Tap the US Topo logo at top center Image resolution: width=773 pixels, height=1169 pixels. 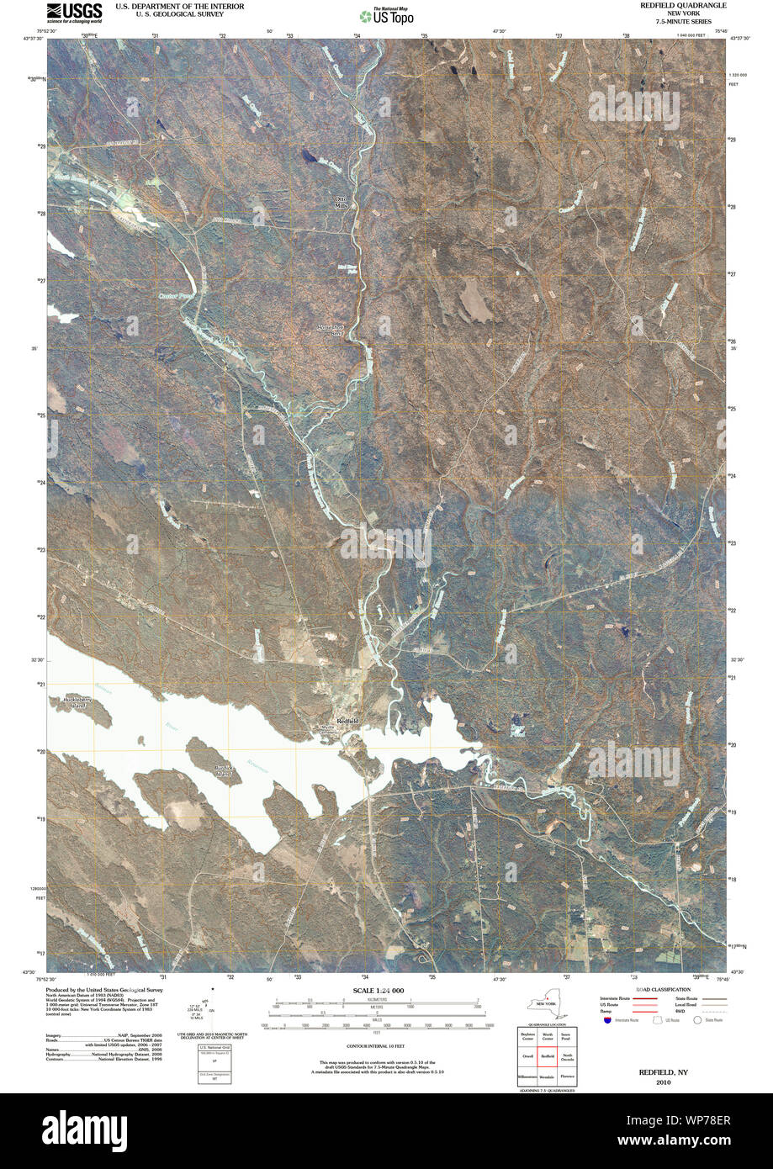386,14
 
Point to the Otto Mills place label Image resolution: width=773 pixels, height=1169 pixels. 341,202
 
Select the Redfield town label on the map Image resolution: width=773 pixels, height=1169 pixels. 347,721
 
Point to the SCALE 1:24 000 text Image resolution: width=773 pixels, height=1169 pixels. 379,992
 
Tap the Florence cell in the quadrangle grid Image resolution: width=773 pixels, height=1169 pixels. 568,1074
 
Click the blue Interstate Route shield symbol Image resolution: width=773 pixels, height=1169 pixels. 607,1020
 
